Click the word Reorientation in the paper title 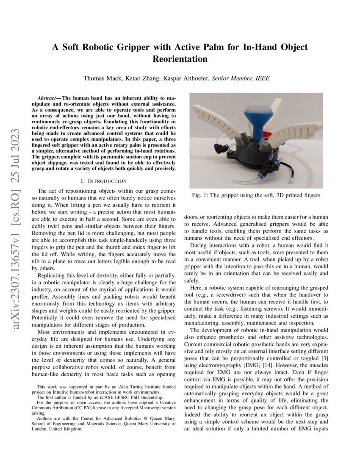point(180,59)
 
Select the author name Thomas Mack point(100,78)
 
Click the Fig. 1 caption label point(202,195)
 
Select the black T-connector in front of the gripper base point(269,167)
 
